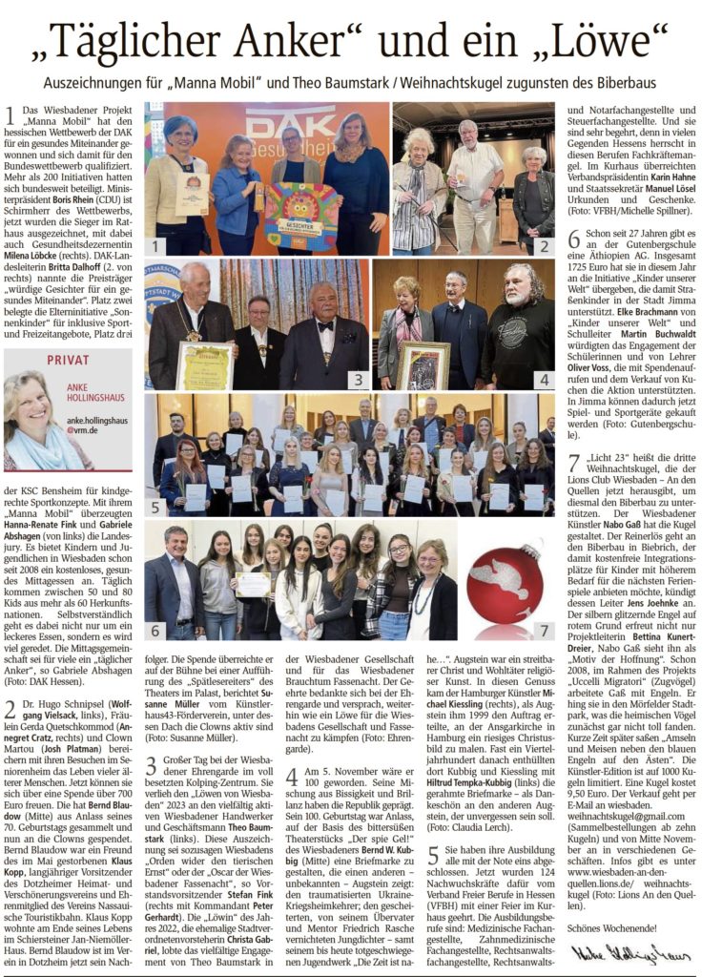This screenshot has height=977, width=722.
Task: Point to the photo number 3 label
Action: [358, 379]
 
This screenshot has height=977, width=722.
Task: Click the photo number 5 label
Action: [155, 507]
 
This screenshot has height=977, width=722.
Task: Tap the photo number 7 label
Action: [544, 631]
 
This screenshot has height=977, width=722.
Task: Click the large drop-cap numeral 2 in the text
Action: [10, 709]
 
